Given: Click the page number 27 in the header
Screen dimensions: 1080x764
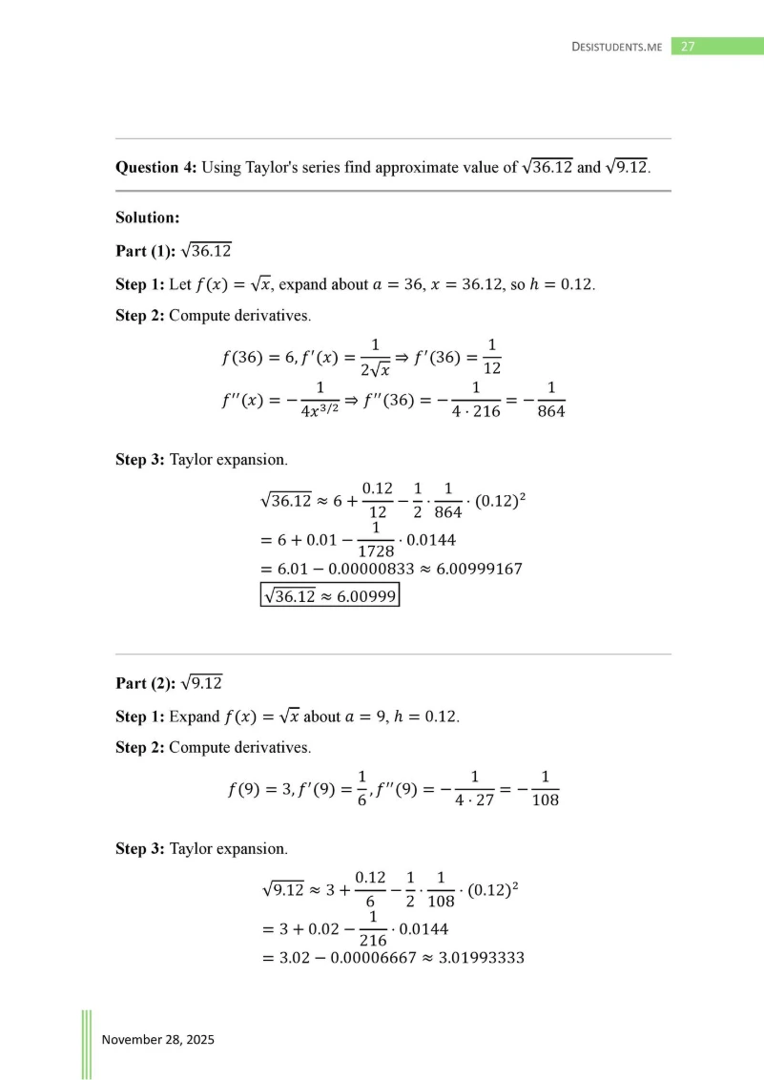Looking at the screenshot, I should pyautogui.click(x=687, y=46).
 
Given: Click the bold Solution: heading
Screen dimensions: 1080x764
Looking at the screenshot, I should pyautogui.click(x=147, y=218).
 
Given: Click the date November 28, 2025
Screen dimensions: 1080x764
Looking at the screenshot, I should pyautogui.click(x=158, y=1039).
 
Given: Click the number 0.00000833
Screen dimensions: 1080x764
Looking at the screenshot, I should pyautogui.click(x=354, y=569).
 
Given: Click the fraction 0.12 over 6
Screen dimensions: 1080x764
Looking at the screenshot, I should pyautogui.click(x=369, y=889).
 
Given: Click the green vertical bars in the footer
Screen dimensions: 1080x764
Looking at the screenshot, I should pyautogui.click(x=87, y=1044).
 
